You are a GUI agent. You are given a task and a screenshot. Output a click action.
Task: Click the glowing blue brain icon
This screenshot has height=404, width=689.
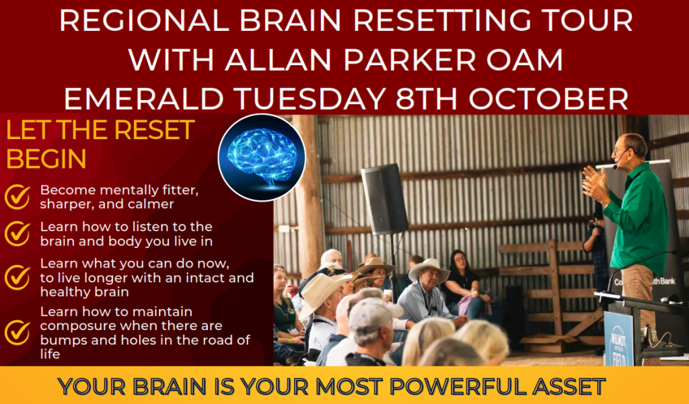pyautogui.click(x=262, y=158)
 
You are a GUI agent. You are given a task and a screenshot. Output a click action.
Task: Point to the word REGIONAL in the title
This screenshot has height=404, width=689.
pyautogui.click(x=144, y=20)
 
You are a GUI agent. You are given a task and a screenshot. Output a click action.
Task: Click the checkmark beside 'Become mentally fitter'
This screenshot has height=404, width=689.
pyautogui.click(x=17, y=197)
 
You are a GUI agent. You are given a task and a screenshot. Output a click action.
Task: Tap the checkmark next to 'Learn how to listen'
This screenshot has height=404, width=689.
pyautogui.click(x=17, y=234)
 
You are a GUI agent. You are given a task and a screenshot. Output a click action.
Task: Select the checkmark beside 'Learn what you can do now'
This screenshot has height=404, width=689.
pyautogui.click(x=17, y=278)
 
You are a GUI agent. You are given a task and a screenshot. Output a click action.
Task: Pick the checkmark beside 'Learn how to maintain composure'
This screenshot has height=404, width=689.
pyautogui.click(x=17, y=333)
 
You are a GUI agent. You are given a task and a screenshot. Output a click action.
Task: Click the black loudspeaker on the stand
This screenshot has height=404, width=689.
pyautogui.click(x=384, y=198)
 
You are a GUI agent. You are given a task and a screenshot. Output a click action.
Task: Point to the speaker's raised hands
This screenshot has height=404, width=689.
pyautogui.click(x=595, y=184)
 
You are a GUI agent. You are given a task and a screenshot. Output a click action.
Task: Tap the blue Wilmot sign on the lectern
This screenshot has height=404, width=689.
pyautogui.click(x=618, y=338)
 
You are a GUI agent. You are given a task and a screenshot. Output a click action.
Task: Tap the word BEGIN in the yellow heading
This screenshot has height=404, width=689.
pyautogui.click(x=46, y=159)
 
